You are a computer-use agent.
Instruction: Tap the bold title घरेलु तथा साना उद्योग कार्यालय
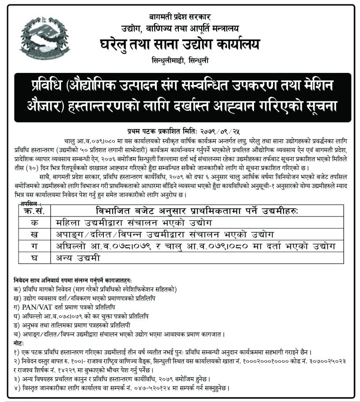(180, 45)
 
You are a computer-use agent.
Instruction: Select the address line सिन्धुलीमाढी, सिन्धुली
(180, 61)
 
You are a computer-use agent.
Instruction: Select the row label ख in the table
(34, 234)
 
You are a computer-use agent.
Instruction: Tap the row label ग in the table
(34, 246)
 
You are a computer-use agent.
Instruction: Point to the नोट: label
(19, 343)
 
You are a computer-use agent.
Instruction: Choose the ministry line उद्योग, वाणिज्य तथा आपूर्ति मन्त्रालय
(180, 29)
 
